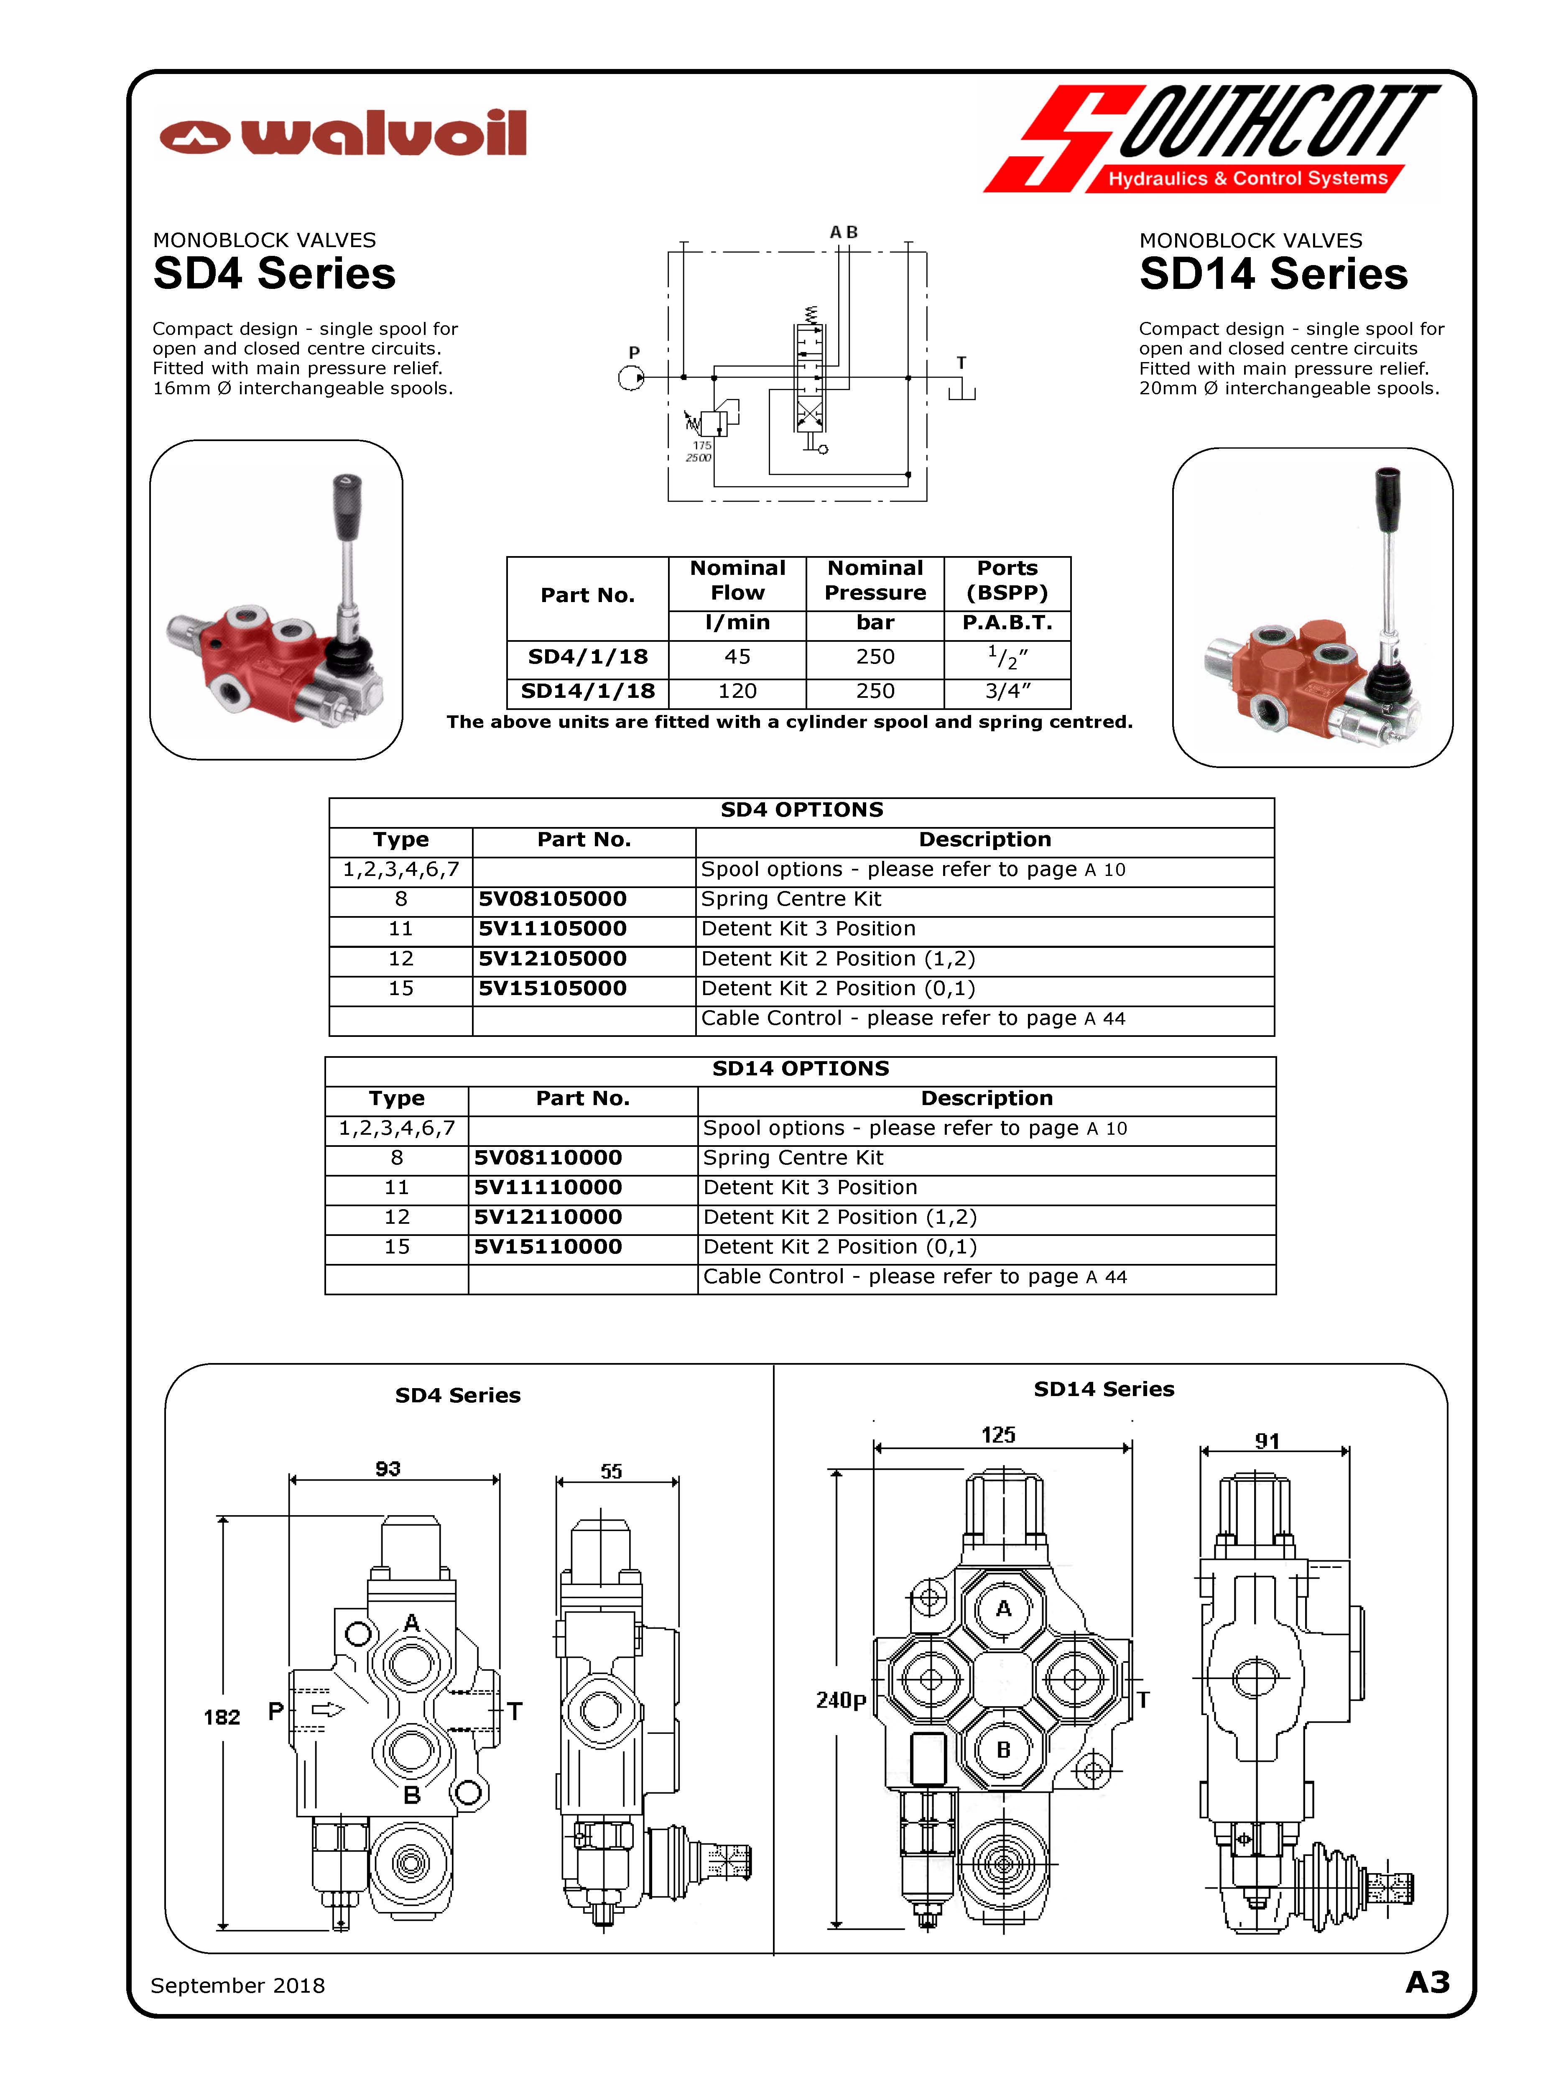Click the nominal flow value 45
(737, 657)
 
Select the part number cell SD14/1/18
(587, 692)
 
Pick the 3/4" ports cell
(1007, 692)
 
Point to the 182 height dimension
(222, 1717)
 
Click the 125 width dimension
(998, 1435)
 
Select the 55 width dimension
(611, 1471)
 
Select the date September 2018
(238, 1986)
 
